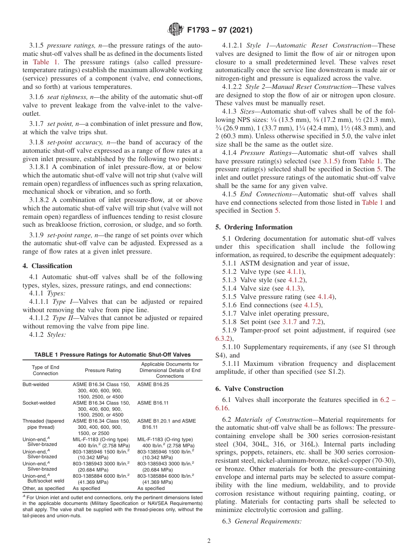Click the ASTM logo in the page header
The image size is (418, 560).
point(176,30)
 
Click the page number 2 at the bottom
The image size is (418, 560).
point(209,541)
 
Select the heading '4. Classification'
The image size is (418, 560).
point(47,266)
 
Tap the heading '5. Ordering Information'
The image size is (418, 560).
point(254,227)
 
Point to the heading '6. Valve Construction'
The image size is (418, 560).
point(249,389)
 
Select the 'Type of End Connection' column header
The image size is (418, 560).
point(45,370)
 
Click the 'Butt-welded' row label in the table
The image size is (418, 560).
point(36,384)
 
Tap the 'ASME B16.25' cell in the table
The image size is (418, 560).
point(153,384)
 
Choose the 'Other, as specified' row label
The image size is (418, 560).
point(43,488)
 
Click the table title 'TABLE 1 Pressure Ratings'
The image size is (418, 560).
point(112,355)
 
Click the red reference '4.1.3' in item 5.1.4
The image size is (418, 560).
point(295,288)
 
